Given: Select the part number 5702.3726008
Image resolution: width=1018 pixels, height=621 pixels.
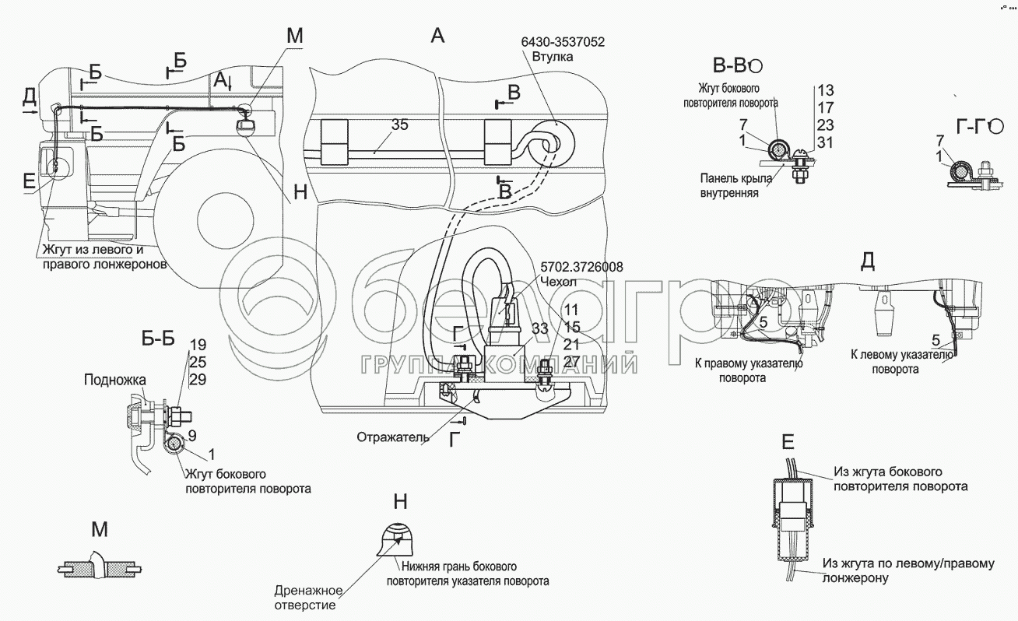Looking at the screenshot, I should point(581,267).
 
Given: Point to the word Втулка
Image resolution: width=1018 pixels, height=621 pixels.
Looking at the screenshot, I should point(553,58).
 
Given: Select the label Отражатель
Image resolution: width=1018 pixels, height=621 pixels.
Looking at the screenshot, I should point(391,437).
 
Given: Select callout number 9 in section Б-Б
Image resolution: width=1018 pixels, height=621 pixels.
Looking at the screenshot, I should point(192,436).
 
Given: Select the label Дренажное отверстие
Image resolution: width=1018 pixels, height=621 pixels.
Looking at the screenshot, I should point(304,597).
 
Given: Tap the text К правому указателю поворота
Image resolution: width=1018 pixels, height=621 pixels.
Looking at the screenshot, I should point(748,370).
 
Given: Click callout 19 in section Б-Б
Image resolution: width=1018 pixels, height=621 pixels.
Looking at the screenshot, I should point(198,344).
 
